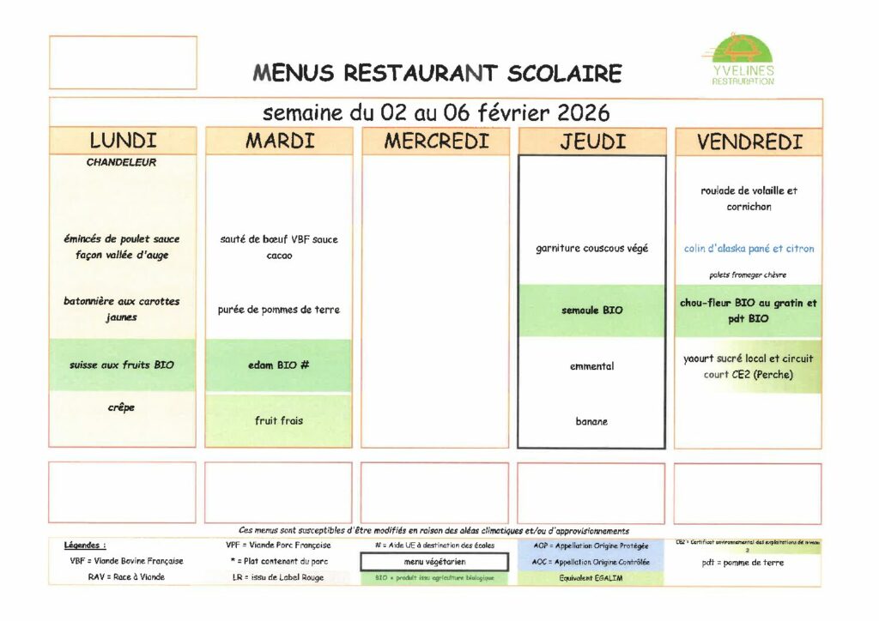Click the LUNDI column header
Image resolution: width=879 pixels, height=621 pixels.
[x=123, y=141]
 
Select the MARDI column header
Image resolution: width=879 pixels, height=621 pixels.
[x=279, y=141]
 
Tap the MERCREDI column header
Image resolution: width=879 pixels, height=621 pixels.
[x=435, y=141]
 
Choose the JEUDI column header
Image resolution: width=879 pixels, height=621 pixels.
[x=592, y=142]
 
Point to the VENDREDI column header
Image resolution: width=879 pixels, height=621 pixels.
[x=749, y=142]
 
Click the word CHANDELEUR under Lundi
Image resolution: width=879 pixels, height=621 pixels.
[x=121, y=162]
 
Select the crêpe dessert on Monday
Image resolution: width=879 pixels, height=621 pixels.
[x=121, y=407]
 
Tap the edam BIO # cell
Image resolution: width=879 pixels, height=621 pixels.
[x=279, y=365]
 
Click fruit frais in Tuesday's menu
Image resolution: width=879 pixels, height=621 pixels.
[x=279, y=420]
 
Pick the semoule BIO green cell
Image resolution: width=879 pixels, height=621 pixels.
[x=592, y=310]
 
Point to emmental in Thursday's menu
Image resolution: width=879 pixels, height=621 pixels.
[x=592, y=366]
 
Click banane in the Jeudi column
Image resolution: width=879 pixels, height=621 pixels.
[x=592, y=421]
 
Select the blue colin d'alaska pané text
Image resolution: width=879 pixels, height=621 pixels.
[x=749, y=249]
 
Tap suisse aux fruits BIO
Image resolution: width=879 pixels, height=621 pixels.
[x=122, y=365]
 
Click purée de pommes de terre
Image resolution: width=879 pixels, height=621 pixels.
[x=279, y=310]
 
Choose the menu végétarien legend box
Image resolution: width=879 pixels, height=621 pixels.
[x=434, y=562]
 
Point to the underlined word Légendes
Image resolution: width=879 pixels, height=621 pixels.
[x=85, y=545]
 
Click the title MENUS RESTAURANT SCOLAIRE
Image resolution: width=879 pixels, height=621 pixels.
[x=437, y=73]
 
